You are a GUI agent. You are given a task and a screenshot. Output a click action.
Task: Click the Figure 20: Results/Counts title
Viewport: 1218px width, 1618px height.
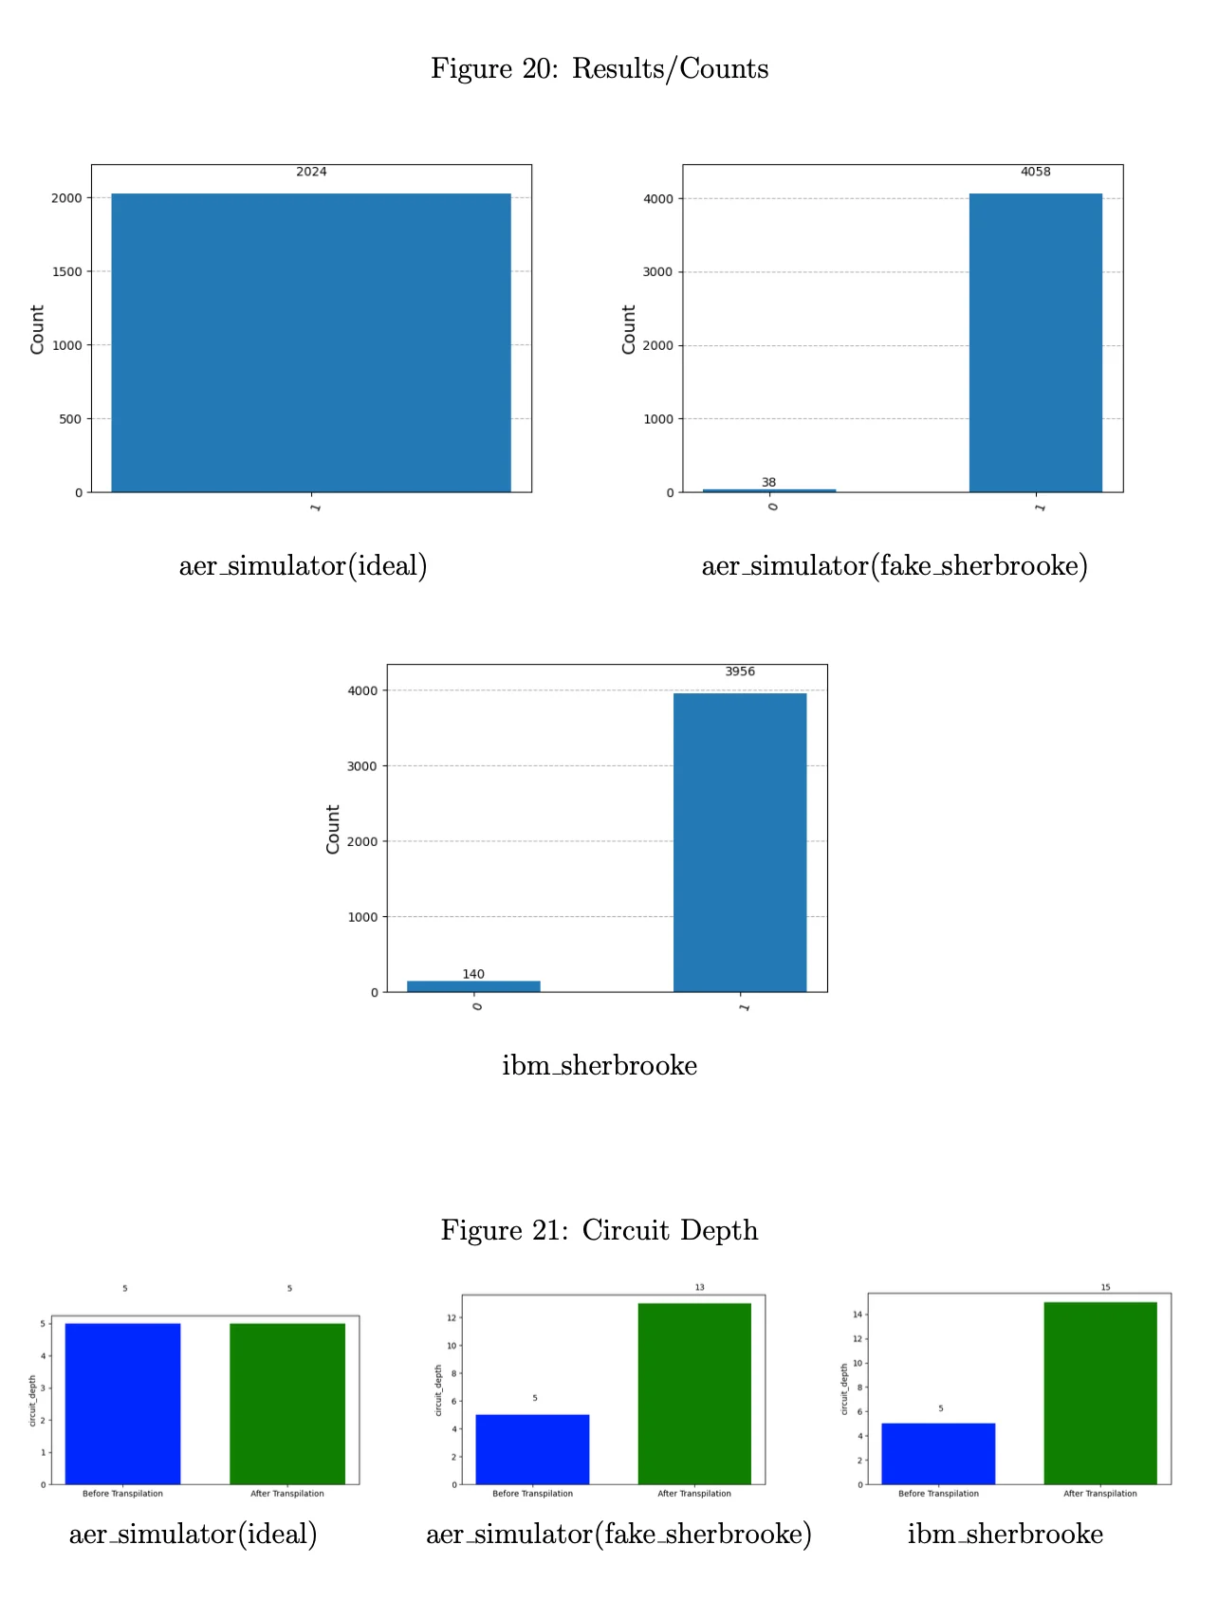click(x=600, y=69)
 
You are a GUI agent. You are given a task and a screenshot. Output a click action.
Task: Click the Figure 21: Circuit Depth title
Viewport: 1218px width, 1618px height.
click(x=600, y=1230)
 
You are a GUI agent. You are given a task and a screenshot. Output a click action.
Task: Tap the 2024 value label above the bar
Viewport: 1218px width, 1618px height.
click(x=311, y=172)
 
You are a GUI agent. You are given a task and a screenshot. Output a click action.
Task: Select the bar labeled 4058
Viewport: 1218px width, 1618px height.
click(x=1035, y=341)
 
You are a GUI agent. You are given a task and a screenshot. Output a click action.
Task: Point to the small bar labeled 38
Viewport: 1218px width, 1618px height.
click(x=768, y=490)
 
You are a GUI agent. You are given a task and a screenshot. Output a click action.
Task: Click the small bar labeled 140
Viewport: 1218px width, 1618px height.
click(x=473, y=986)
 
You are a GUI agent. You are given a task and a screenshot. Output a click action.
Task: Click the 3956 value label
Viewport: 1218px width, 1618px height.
click(x=740, y=671)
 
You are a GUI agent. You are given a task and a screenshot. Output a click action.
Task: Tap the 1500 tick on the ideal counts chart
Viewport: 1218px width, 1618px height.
click(x=67, y=272)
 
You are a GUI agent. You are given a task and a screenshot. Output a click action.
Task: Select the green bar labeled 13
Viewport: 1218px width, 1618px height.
click(x=694, y=1393)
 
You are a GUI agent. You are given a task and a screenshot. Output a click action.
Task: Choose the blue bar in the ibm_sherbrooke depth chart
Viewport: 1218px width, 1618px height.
click(x=938, y=1453)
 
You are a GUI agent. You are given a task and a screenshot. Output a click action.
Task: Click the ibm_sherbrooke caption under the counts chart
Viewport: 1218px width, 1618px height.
click(x=600, y=1065)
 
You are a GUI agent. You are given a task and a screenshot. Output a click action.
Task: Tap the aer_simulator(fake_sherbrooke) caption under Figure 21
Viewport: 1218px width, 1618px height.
click(x=618, y=1534)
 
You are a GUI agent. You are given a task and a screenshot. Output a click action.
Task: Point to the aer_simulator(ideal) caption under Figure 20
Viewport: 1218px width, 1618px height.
click(x=303, y=566)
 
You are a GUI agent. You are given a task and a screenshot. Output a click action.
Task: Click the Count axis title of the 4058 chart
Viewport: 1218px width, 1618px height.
click(x=628, y=330)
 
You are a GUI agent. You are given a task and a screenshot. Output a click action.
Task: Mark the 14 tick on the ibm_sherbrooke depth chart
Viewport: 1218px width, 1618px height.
click(x=858, y=1315)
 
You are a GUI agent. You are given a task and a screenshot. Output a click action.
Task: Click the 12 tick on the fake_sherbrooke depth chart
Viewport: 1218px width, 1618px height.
click(x=452, y=1318)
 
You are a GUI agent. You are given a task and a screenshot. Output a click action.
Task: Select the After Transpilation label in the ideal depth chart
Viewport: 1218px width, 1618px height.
click(x=286, y=1494)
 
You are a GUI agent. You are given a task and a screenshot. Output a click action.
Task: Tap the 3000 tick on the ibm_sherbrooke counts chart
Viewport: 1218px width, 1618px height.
click(x=362, y=766)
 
